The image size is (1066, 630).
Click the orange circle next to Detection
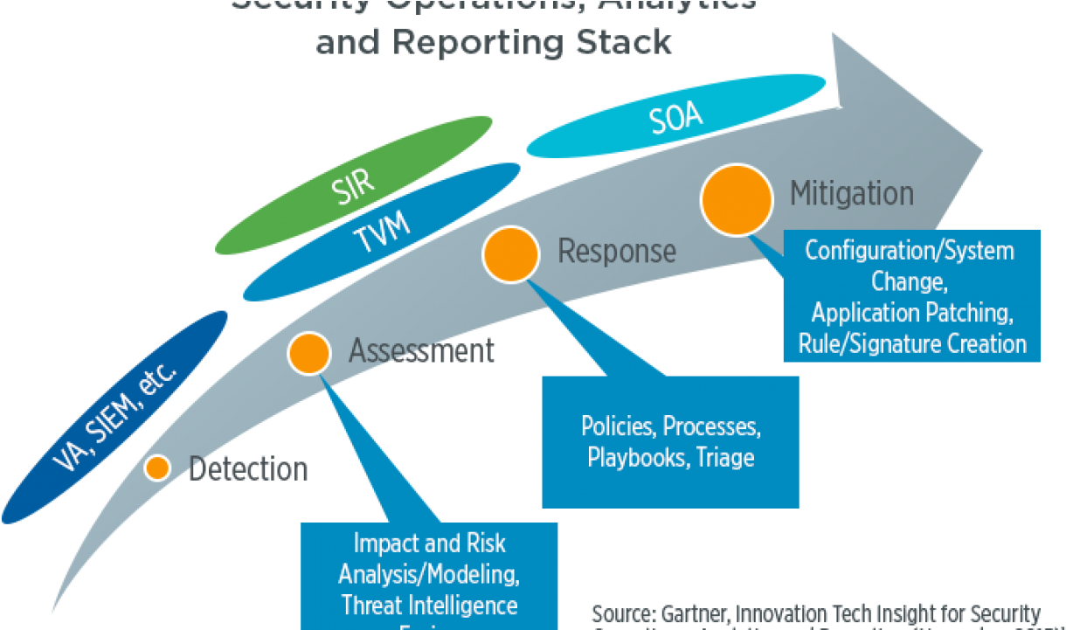(x=157, y=467)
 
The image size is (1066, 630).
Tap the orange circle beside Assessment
(x=309, y=353)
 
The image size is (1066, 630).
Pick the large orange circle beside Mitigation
(x=737, y=199)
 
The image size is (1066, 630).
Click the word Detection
(x=249, y=469)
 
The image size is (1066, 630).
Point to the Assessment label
(x=422, y=351)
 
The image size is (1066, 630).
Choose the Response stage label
(x=617, y=252)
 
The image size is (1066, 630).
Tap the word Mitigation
(x=852, y=193)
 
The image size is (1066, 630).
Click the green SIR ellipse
(x=354, y=184)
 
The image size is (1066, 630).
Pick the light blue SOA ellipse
(x=676, y=120)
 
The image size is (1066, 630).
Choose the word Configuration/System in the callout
(x=910, y=251)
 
